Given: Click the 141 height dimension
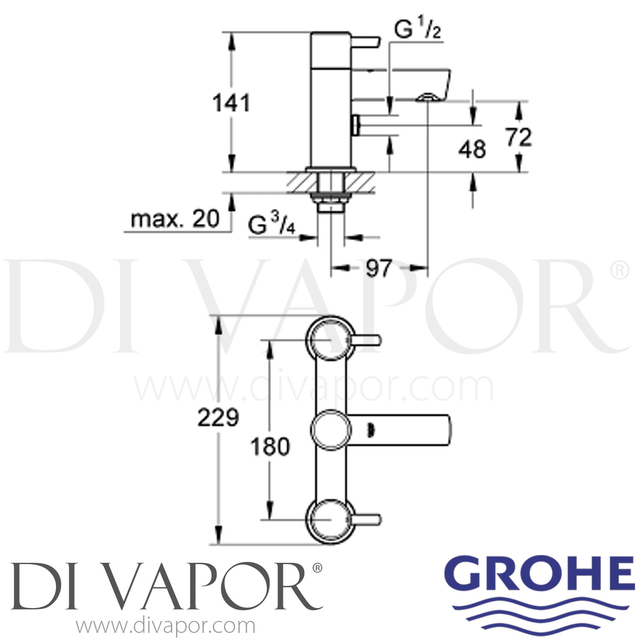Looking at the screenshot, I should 231,103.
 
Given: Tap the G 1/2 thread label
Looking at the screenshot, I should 417,31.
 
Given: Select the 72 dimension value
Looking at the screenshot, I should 519,137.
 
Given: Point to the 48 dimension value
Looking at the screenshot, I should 472,149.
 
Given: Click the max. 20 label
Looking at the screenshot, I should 175,219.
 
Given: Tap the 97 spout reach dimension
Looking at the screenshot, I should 379,268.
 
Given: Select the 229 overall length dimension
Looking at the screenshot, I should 218,418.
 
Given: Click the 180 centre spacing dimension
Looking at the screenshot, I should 270,447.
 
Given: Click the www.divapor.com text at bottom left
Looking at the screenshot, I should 166,626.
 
